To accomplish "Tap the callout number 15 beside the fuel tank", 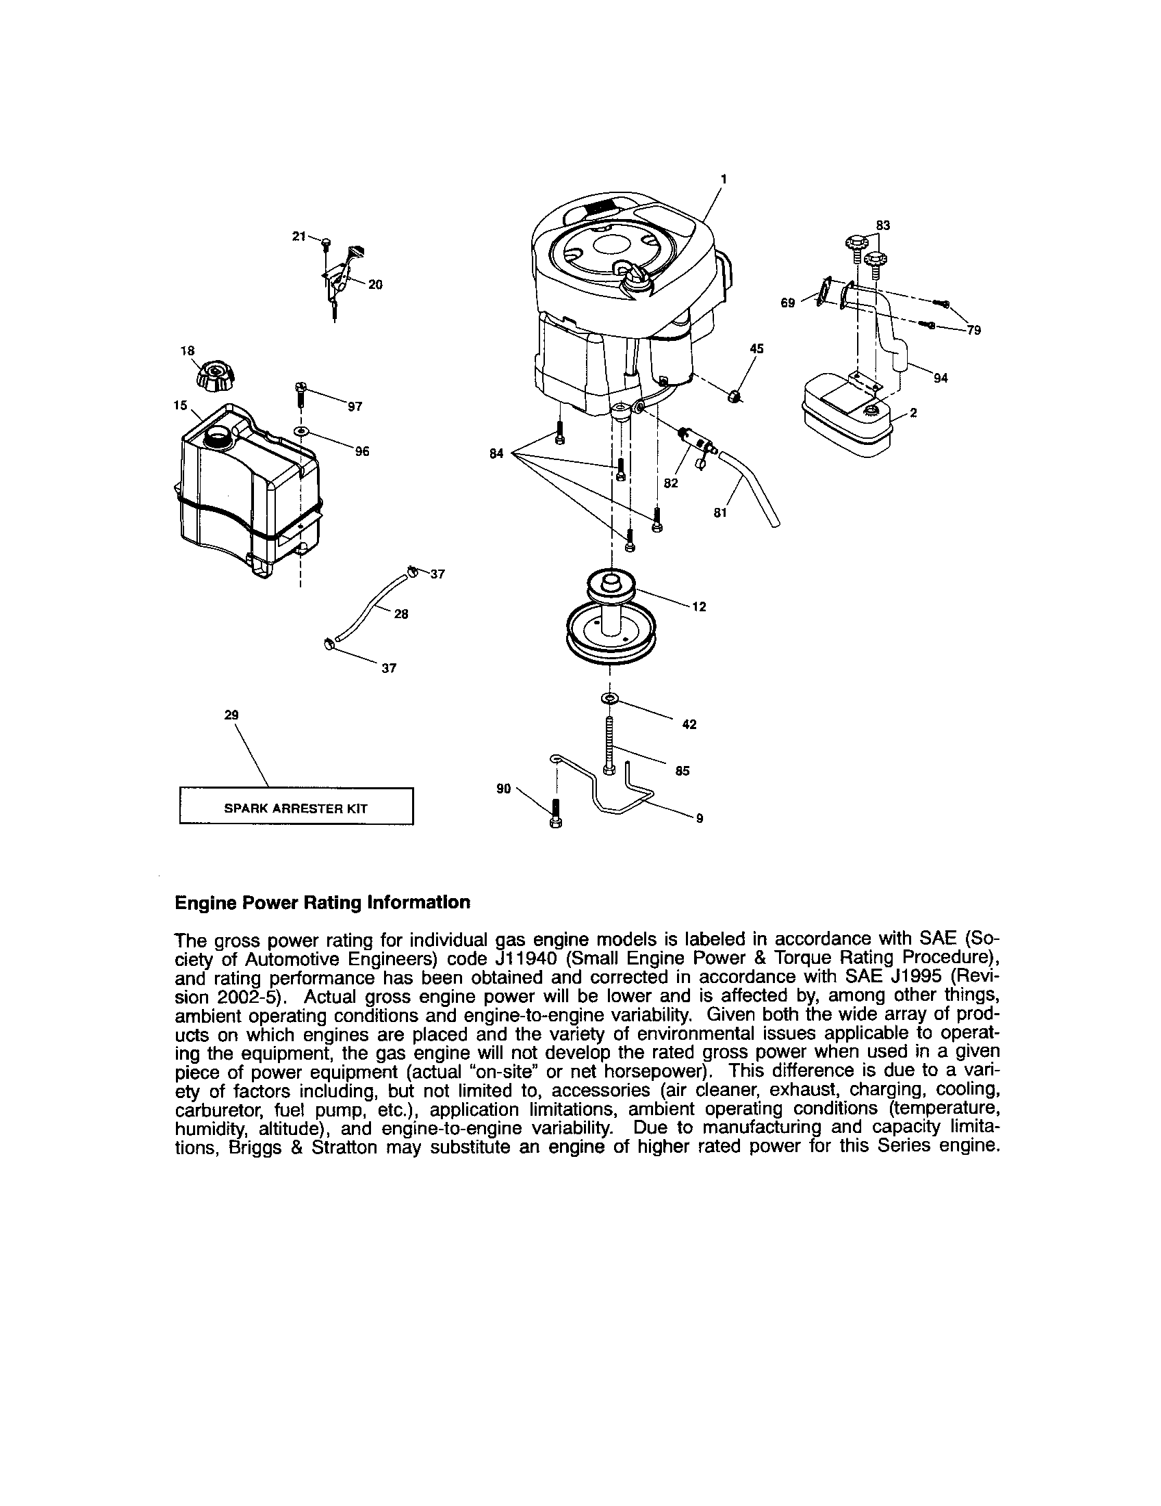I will (181, 405).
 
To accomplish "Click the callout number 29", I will (231, 716).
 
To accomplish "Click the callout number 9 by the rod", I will (699, 819).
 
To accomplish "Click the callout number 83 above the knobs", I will (882, 225).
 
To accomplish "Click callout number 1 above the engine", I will (723, 179).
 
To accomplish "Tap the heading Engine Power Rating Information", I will (322, 902).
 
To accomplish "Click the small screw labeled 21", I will (327, 242).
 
